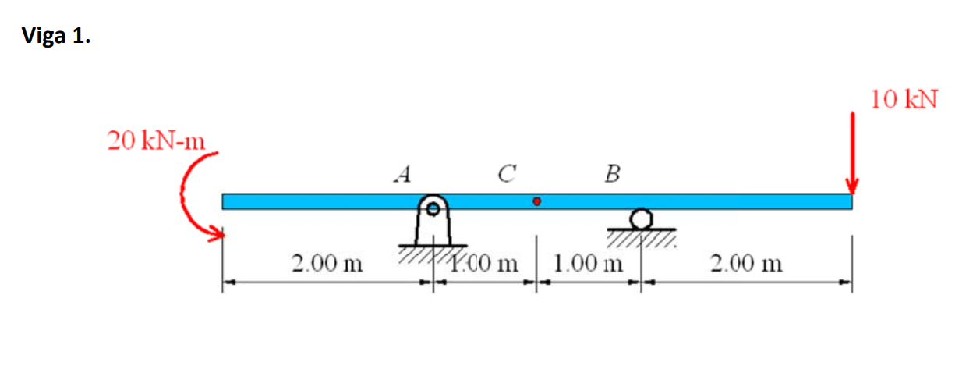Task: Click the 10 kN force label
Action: tap(904, 100)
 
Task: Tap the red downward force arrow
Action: tap(852, 152)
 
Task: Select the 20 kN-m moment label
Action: tap(155, 141)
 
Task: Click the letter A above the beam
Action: tap(402, 173)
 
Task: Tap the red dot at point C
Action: tap(536, 201)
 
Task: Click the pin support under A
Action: tap(432, 222)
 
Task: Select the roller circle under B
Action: tap(641, 218)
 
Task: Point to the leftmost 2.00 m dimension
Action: tap(327, 263)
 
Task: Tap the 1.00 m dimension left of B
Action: tap(587, 263)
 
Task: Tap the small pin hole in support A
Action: tap(432, 208)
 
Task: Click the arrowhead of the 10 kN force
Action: tap(852, 187)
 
